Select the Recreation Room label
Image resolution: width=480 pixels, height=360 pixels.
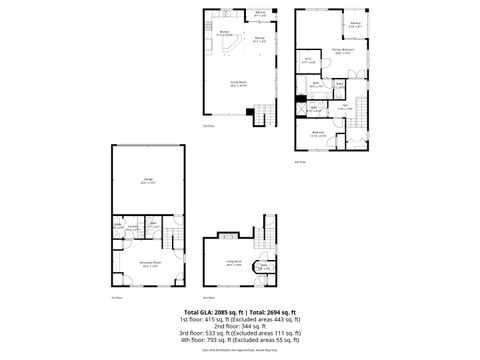(151, 265)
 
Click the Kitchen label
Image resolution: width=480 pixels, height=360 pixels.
(225, 33)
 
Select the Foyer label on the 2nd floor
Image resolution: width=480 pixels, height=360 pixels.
(262, 267)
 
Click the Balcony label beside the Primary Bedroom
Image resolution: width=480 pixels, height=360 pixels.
(354, 25)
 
